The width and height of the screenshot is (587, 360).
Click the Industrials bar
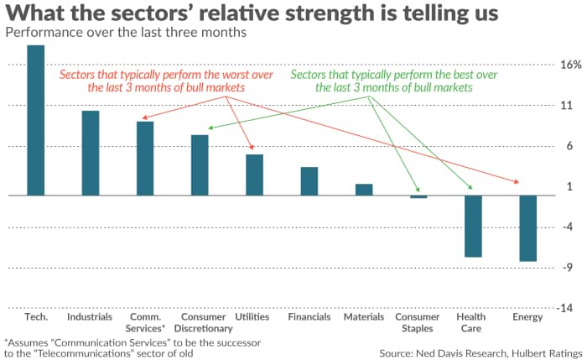tap(91, 153)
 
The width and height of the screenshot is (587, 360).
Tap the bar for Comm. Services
tap(145, 159)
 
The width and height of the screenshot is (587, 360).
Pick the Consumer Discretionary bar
tap(200, 165)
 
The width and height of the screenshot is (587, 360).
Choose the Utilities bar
tap(254, 175)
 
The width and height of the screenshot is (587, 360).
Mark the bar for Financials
tap(309, 181)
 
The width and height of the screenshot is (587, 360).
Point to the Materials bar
tap(364, 190)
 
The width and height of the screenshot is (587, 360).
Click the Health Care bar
tap(473, 226)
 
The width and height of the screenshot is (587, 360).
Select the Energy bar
tap(527, 228)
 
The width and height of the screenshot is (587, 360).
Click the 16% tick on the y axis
tap(570, 65)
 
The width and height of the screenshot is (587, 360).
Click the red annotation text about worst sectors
tap(152, 81)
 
